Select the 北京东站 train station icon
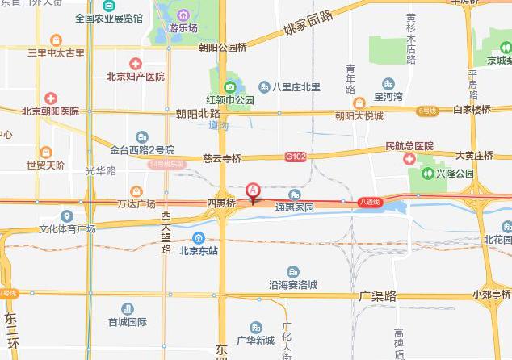coord(198,237)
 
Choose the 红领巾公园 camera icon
coord(229,87)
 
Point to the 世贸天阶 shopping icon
coord(44,152)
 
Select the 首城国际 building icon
coord(128,309)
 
